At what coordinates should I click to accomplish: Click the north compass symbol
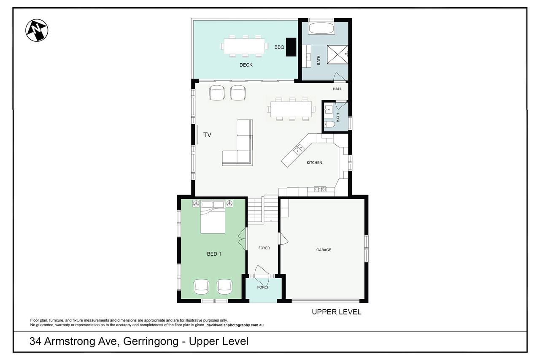click(x=37, y=30)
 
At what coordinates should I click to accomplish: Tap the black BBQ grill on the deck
click(x=291, y=47)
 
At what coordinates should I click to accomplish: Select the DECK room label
click(x=246, y=65)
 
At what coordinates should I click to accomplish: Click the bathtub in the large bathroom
click(x=321, y=28)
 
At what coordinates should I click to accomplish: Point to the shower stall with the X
click(x=337, y=54)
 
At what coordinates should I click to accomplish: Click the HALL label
click(x=337, y=89)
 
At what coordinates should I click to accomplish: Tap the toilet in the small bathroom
click(x=329, y=125)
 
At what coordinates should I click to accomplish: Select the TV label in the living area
click(x=207, y=135)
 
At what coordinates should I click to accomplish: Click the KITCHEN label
click(x=314, y=163)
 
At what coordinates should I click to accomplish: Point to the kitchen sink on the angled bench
click(x=299, y=149)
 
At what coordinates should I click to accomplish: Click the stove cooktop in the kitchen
click(x=320, y=189)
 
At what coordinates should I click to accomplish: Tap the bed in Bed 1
click(x=213, y=217)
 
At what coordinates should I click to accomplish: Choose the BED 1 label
click(x=214, y=254)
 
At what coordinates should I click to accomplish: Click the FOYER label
click(x=264, y=248)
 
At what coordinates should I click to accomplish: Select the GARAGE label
click(x=324, y=250)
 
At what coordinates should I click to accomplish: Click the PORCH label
click(x=263, y=287)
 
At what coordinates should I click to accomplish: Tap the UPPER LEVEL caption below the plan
click(x=337, y=312)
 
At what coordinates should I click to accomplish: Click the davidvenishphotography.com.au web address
click(x=235, y=325)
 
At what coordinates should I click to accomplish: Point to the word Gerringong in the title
click(x=151, y=341)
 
